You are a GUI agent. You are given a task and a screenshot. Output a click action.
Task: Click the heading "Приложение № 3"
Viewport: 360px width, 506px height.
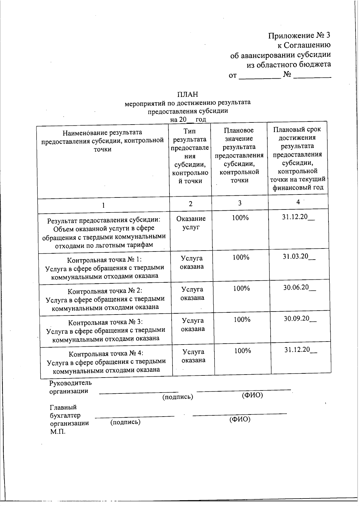coord(299,35)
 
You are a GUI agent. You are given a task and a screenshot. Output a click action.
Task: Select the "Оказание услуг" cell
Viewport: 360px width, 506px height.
coord(191,223)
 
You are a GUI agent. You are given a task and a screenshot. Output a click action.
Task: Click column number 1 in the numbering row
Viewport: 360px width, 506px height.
coord(103,205)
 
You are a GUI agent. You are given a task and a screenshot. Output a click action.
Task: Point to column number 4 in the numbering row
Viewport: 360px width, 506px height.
coord(298,202)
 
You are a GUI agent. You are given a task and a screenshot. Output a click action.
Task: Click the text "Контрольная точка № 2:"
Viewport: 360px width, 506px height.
coord(105,291)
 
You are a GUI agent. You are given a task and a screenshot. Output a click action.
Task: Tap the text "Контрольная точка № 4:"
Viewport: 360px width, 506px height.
coord(104,353)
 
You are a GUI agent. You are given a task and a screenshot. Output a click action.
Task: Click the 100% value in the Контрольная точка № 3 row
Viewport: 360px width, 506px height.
coord(242,320)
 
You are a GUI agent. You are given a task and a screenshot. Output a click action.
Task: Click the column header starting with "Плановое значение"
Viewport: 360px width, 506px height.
coord(239,155)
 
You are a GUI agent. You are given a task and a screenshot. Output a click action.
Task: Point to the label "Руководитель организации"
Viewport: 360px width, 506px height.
coord(70,387)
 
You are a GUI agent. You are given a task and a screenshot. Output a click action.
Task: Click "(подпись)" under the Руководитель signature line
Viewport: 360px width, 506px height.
coord(178,397)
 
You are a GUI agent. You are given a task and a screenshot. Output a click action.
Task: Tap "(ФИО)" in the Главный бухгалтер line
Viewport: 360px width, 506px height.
coord(240,419)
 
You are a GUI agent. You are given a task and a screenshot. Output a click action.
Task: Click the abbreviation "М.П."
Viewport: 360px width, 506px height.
coord(58,432)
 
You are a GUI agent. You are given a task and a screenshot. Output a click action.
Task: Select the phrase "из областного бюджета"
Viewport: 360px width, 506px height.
coord(289,64)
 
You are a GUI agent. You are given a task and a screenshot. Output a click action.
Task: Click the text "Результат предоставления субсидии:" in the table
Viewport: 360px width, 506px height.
coord(104,220)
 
